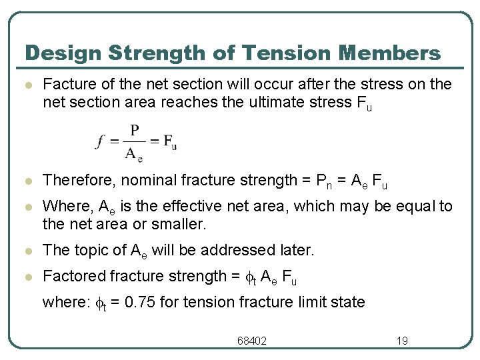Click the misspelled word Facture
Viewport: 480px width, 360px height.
click(65, 85)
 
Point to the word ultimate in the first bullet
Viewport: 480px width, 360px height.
click(304, 102)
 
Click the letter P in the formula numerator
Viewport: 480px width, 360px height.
click(135, 129)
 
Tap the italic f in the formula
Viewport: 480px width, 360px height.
click(100, 141)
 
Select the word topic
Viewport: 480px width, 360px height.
click(85, 250)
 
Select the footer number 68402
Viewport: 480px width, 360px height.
click(252, 341)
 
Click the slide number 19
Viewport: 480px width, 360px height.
click(402, 341)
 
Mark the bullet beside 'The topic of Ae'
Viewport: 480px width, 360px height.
click(27, 251)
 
